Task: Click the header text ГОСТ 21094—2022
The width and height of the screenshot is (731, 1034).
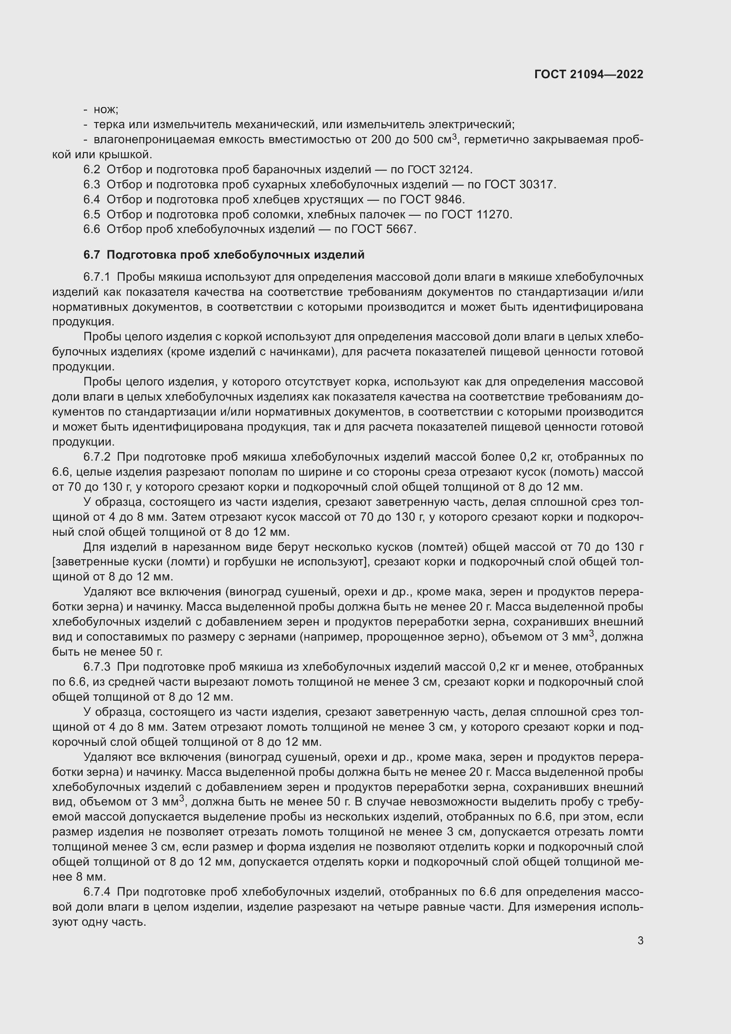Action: [588, 74]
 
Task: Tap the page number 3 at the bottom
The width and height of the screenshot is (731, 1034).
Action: [640, 940]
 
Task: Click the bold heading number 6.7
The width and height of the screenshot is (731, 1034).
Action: [91, 255]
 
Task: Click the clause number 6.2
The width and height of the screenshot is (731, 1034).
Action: [91, 169]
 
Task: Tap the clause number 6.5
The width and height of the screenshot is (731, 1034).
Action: [91, 214]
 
